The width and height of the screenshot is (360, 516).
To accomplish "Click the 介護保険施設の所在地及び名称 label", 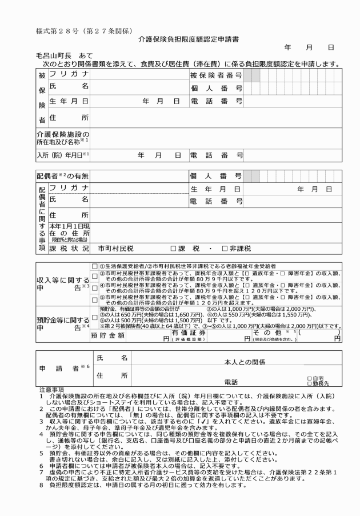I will click(x=62, y=137).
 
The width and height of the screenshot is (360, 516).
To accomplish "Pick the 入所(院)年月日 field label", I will click(x=62, y=154).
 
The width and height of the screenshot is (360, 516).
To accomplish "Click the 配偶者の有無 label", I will click(x=62, y=175).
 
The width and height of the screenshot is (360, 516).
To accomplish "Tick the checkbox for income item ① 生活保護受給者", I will click(x=95, y=266).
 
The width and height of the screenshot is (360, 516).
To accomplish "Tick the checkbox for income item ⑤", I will click(x=95, y=297).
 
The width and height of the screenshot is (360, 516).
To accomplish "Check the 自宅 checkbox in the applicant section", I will click(x=309, y=378).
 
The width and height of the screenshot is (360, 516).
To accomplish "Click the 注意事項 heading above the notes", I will click(x=50, y=390).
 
